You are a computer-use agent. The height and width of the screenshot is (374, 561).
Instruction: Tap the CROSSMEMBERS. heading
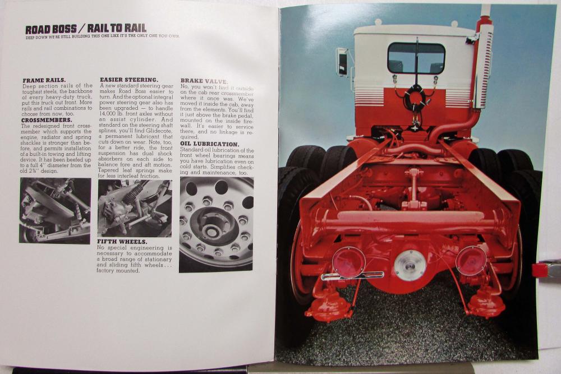[47, 119]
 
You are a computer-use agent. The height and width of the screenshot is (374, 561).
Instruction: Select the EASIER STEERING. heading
[128, 80]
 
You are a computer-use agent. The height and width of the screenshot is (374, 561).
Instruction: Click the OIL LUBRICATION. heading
[209, 144]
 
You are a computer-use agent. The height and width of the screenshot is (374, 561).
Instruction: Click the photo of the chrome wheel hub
[216, 224]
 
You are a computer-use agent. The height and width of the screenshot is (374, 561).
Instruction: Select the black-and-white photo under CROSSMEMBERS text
[55, 210]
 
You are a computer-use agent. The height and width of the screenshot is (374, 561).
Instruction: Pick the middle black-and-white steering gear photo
[135, 207]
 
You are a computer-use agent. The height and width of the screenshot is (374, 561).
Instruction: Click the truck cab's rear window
[416, 58]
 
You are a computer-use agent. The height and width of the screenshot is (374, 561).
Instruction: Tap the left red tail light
[348, 261]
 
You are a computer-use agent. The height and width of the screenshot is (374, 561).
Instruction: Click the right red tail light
[471, 260]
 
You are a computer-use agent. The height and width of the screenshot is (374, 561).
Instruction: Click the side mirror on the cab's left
[341, 62]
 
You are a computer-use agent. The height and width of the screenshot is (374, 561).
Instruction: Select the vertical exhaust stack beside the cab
[482, 62]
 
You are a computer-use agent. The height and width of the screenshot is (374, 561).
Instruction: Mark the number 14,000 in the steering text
[108, 114]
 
